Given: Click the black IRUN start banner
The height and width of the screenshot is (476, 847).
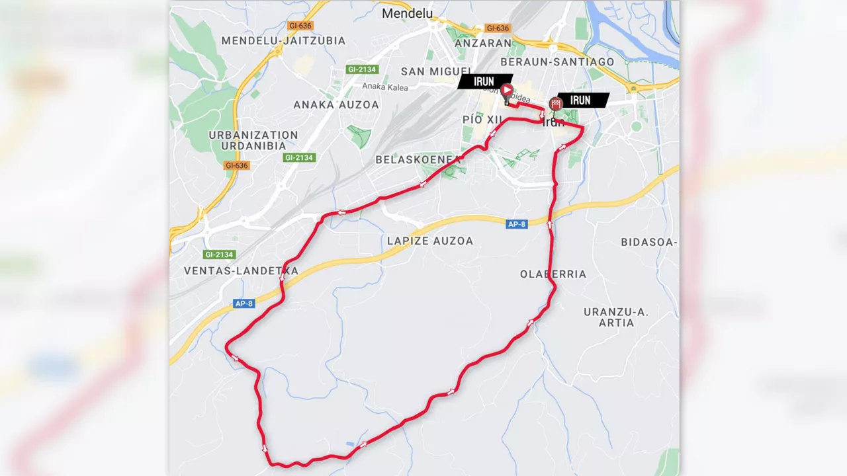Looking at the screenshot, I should [x=484, y=81].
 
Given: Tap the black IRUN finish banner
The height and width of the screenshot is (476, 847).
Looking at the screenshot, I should [x=581, y=100].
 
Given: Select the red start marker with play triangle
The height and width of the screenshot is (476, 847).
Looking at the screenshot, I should [x=506, y=91].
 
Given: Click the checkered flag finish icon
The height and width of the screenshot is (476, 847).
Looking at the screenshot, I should [x=556, y=103].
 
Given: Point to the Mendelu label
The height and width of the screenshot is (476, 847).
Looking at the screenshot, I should [x=407, y=13].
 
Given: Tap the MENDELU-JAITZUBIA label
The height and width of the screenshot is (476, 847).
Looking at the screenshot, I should [x=283, y=40].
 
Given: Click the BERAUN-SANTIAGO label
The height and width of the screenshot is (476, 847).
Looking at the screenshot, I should [x=557, y=61].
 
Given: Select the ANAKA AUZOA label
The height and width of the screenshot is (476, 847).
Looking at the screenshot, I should [x=336, y=104].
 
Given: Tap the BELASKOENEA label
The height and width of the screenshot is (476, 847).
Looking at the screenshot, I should [x=418, y=159].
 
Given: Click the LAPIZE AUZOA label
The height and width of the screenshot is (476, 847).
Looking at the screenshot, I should [x=430, y=241].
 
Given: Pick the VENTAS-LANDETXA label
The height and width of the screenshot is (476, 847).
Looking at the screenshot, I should [x=241, y=270].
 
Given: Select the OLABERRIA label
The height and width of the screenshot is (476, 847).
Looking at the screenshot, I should [x=553, y=274].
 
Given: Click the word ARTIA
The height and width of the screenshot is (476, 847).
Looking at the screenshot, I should [x=617, y=323].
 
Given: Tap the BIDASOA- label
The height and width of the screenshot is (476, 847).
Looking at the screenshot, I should [x=648, y=242].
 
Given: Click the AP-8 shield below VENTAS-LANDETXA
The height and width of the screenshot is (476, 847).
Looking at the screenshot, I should [x=244, y=303].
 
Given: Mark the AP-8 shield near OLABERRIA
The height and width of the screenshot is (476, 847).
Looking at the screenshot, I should [x=517, y=224].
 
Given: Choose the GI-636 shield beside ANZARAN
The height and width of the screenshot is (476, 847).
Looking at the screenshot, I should [x=498, y=28].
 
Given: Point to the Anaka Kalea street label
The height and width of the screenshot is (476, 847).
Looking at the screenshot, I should [x=385, y=87].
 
